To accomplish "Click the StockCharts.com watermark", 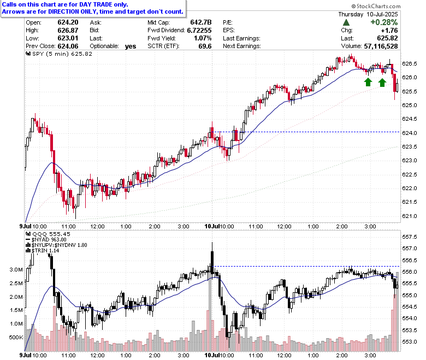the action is point(376,6).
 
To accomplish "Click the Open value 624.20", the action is point(68,22).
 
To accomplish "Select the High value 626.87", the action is point(68,31).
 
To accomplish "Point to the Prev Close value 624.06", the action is point(68,46).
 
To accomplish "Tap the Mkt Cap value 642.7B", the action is point(201,22).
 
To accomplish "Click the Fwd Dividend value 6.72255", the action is point(199,31).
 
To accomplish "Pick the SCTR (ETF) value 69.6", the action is point(205,46).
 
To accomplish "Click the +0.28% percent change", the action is point(384,22).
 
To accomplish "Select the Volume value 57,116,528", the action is point(381,46).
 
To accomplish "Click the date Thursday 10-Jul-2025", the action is point(368,14).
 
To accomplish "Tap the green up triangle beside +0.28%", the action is point(346,22).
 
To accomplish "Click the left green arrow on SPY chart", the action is point(368,82).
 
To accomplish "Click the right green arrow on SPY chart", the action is point(382,82).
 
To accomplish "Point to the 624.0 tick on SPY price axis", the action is point(410,133).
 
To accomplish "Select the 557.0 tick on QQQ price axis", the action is point(410,249).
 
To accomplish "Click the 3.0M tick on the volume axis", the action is point(16,269).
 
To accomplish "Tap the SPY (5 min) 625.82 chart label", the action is point(59,54).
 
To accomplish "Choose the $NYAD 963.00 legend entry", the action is point(46,240).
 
